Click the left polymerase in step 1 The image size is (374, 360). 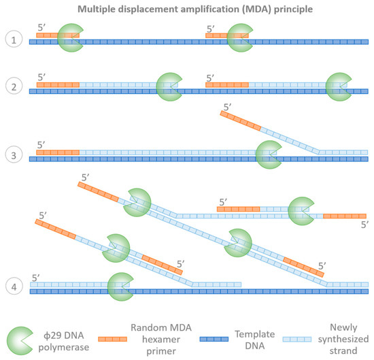69,37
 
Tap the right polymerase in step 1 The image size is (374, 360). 240,37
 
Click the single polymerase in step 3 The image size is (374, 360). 269,153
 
